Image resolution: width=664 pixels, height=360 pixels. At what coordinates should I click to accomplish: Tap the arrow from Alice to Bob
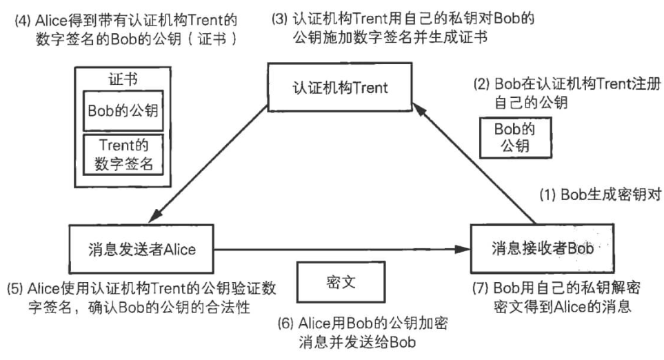pos(338,250)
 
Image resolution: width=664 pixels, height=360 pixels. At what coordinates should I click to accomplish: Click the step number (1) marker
pos(547,194)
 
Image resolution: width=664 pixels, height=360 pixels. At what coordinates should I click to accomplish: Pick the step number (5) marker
pos(14,286)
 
